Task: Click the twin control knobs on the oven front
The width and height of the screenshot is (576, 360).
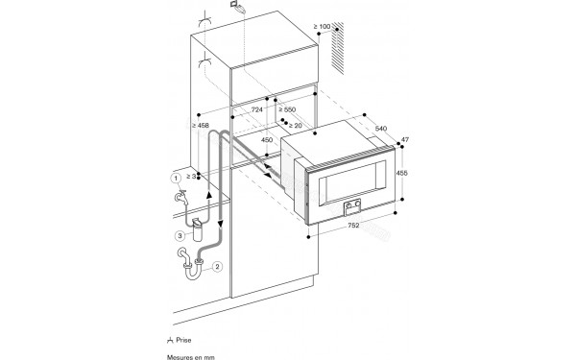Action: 352,204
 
